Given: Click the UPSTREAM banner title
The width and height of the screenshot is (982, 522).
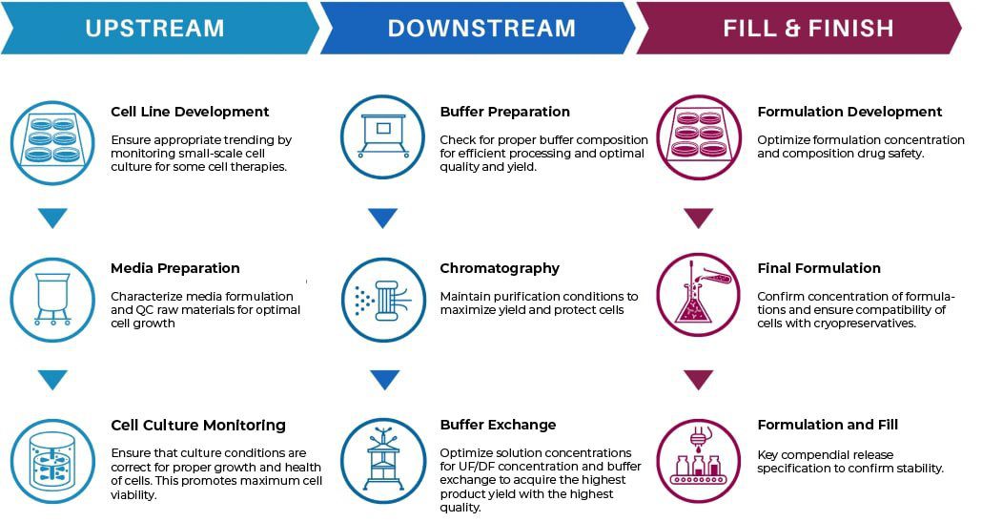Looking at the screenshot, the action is [x=154, y=29].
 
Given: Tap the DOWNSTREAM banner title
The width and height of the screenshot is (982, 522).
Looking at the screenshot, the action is [x=481, y=29].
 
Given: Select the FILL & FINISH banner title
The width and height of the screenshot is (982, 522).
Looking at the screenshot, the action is [x=808, y=29].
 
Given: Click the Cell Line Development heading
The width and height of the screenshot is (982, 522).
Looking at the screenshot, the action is [x=190, y=112].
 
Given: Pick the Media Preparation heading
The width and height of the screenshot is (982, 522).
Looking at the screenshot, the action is [x=175, y=268].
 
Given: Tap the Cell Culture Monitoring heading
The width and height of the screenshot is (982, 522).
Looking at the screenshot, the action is [x=198, y=425].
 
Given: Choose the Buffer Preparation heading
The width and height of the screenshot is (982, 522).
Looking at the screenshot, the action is [x=504, y=112].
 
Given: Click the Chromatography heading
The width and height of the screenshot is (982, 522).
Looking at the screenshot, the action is [x=500, y=269].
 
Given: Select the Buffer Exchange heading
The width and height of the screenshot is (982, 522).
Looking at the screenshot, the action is [x=498, y=425].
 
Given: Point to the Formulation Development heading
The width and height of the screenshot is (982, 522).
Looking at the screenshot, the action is [x=849, y=112].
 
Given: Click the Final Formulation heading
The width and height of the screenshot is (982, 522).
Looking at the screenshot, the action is [x=819, y=268].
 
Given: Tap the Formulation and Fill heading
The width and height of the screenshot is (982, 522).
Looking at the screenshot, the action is [x=828, y=425].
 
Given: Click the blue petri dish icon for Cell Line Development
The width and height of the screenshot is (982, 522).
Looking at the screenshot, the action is [x=52, y=143].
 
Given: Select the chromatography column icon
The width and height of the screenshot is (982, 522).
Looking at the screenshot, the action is [x=383, y=300].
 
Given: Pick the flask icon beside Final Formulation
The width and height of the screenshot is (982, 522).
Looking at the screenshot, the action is [x=699, y=295].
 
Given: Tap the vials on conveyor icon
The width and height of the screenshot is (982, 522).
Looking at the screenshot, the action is [x=699, y=461].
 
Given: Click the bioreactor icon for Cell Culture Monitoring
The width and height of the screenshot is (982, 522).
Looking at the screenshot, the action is [x=52, y=461].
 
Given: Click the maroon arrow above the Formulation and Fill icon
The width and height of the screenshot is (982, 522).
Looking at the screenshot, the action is [x=699, y=380].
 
